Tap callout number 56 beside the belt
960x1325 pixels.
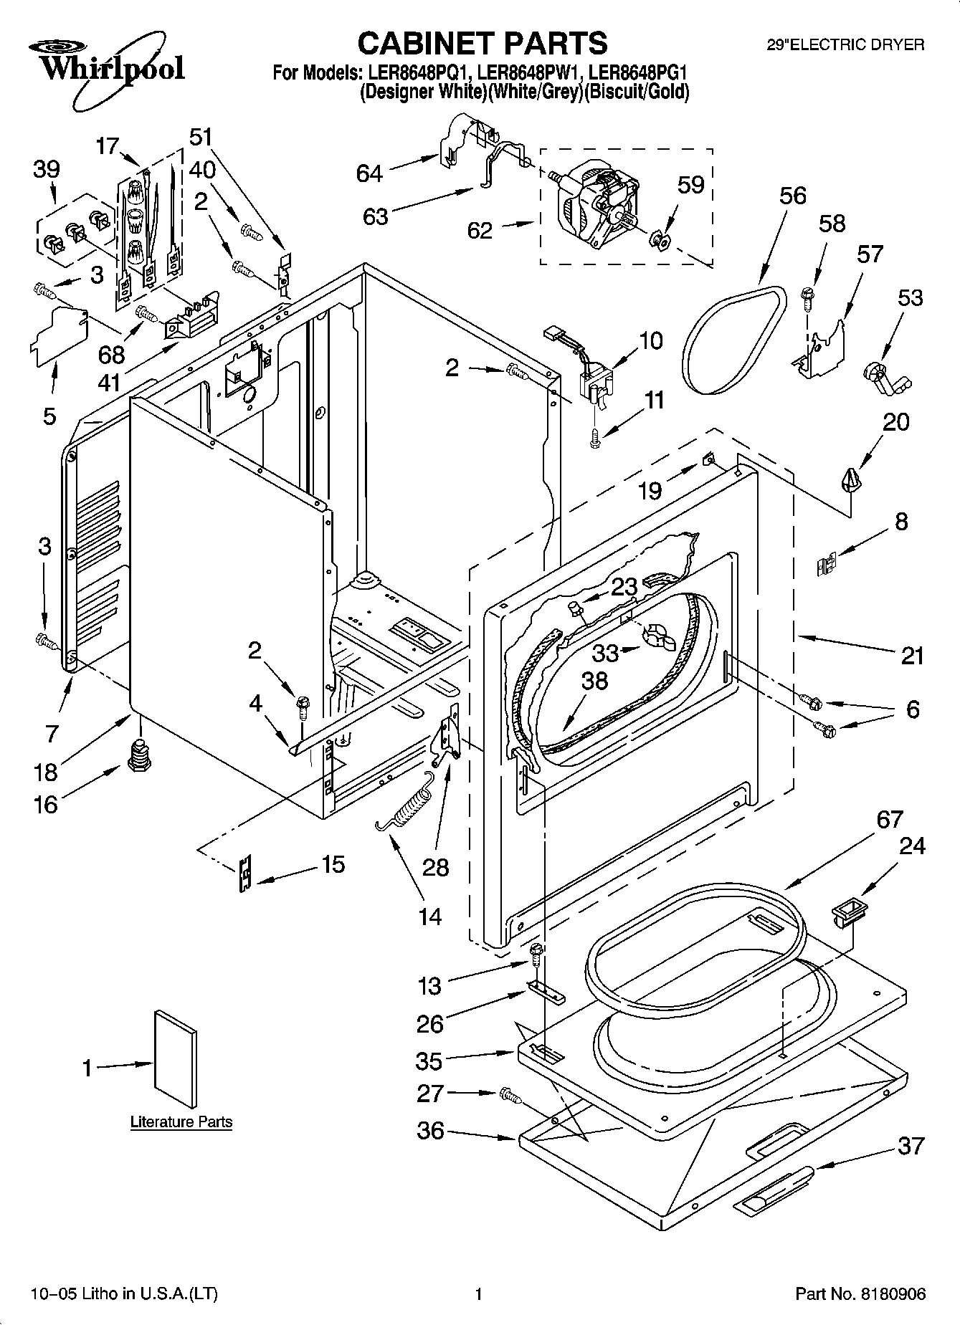[x=792, y=196]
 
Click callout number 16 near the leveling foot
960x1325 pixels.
[x=44, y=804]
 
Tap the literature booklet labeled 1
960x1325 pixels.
[x=176, y=1059]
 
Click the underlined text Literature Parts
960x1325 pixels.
[x=181, y=1121]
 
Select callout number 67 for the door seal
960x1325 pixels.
[x=889, y=819]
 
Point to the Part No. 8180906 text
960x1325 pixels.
[x=860, y=1293]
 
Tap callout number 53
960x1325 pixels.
[x=911, y=297]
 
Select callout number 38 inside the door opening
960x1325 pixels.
[x=594, y=680]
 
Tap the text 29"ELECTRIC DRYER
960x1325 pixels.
[x=845, y=44]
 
